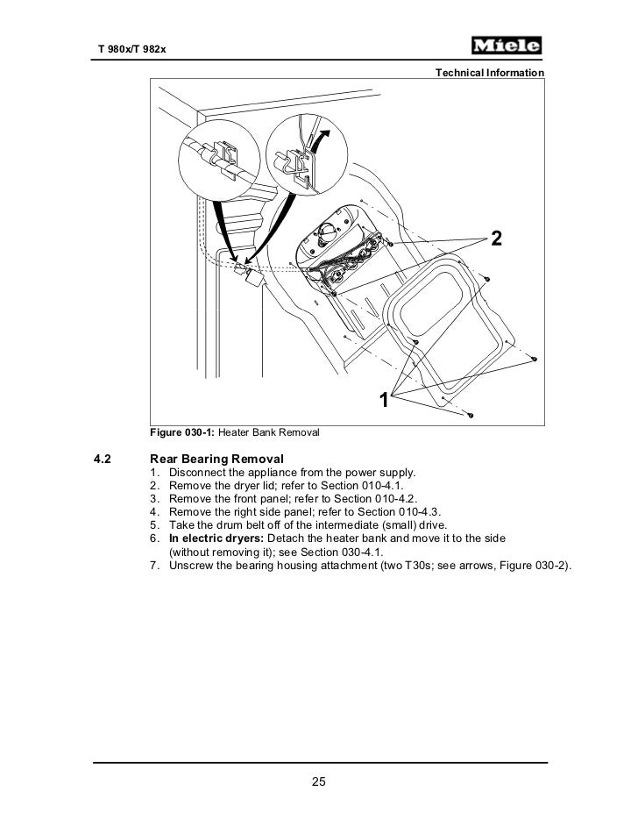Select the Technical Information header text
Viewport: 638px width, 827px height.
click(489, 73)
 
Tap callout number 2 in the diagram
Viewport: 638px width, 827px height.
click(496, 239)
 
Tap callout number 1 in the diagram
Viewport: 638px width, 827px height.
click(382, 400)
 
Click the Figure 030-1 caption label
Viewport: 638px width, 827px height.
click(182, 433)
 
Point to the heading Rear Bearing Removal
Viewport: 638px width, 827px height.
click(216, 458)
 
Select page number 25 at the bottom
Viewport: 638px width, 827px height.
click(319, 782)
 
